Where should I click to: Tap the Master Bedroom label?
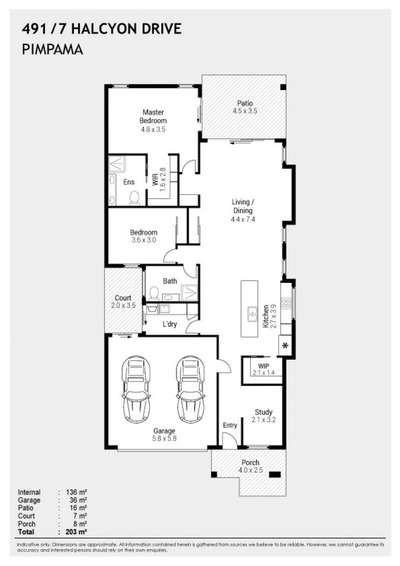coord(153,116)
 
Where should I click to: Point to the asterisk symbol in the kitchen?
coord(286,345)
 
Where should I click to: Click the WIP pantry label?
coord(263,365)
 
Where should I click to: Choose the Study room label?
coord(264,412)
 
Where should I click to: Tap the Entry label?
coord(230,425)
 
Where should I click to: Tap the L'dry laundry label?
coord(169,324)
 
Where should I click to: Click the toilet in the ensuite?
coord(134,197)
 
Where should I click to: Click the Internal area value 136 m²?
coord(76,492)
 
